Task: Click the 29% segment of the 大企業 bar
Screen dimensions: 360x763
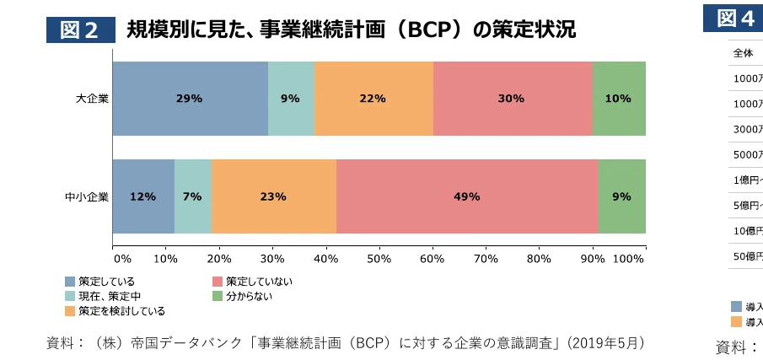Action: [x=190, y=99]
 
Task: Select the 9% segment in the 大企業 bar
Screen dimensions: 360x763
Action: [x=291, y=99]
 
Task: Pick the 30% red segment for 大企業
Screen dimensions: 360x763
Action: [x=513, y=99]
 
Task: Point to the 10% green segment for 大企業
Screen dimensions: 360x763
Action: [x=619, y=99]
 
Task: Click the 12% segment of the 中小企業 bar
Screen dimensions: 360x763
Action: [x=143, y=196]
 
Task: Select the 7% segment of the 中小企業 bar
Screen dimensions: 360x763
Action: [x=193, y=196]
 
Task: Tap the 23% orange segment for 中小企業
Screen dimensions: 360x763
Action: [x=274, y=196]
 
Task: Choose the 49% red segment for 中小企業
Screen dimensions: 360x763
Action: [x=467, y=196]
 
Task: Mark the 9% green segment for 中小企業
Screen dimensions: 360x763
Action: [x=622, y=196]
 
